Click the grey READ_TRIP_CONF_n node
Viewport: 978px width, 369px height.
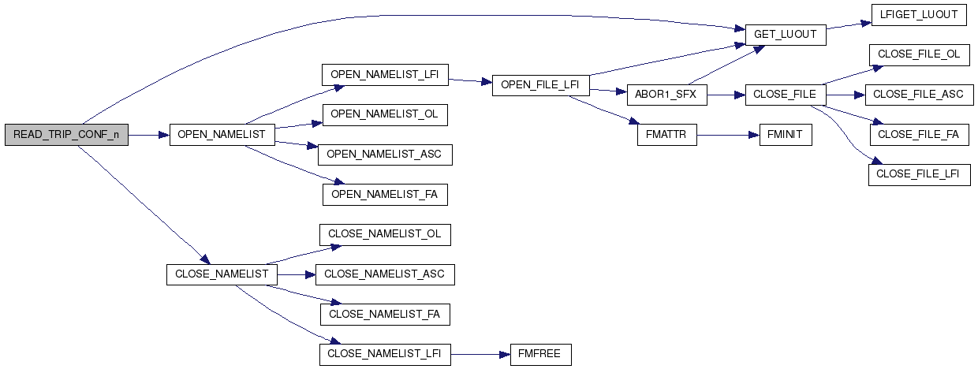[x=66, y=135]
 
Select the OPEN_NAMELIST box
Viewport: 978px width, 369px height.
[x=222, y=135]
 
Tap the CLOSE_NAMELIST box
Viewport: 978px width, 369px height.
[x=222, y=274]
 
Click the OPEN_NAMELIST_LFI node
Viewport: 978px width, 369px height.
[x=385, y=75]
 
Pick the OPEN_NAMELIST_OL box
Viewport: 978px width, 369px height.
[x=385, y=115]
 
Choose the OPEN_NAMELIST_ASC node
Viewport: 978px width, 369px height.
[x=385, y=155]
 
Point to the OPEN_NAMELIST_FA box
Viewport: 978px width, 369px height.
[x=385, y=195]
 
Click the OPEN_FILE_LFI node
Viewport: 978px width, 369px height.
[x=541, y=85]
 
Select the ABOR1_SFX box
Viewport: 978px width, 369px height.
[x=667, y=95]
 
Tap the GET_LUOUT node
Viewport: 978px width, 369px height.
[x=786, y=35]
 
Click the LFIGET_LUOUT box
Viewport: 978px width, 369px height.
[x=919, y=15]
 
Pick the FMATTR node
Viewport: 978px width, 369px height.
[x=667, y=135]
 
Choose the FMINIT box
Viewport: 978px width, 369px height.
[x=786, y=135]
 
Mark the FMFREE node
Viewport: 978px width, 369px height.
[x=541, y=355]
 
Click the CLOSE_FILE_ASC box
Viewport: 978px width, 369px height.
[x=920, y=95]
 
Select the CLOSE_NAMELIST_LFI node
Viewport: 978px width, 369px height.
[x=385, y=355]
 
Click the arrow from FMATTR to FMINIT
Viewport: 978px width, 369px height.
[x=728, y=136]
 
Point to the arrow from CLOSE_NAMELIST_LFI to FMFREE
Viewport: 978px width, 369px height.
[x=480, y=355]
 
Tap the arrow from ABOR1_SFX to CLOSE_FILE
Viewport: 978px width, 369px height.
[x=726, y=95]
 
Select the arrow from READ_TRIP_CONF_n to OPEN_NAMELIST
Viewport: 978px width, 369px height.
[x=149, y=136]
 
